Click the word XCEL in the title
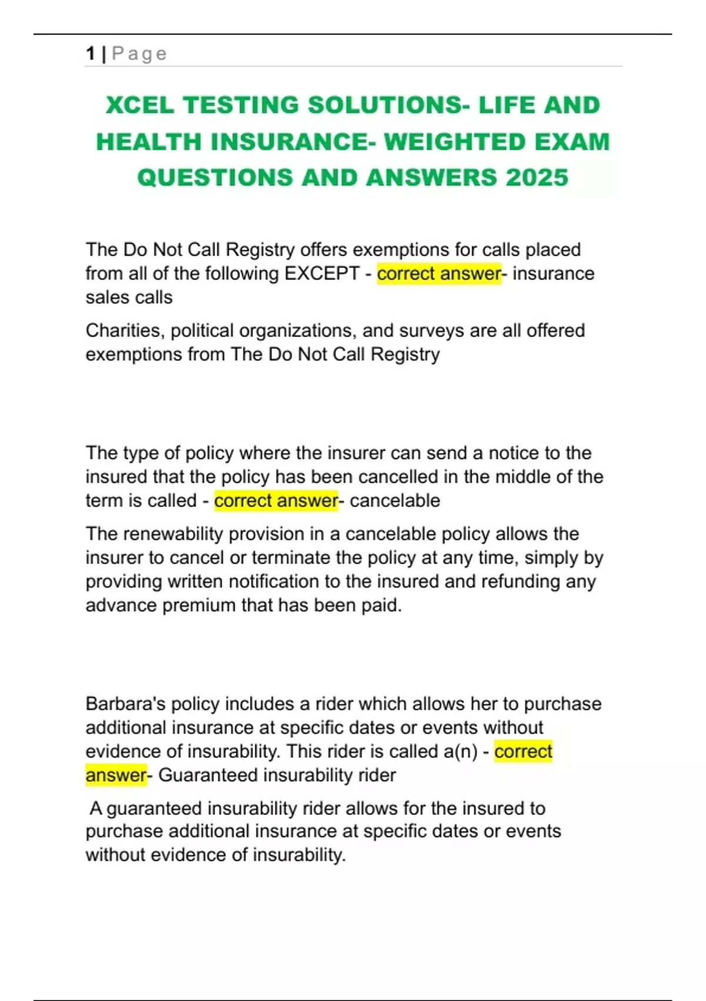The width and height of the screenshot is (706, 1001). (x=139, y=105)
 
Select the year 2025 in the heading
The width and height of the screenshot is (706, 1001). (x=537, y=177)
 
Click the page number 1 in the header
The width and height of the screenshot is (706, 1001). (x=91, y=54)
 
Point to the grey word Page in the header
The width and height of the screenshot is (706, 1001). (x=139, y=54)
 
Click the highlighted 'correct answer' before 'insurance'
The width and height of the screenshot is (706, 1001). (x=439, y=274)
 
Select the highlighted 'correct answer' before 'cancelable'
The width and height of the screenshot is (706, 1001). (x=276, y=501)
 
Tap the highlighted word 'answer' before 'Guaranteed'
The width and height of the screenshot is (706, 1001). (x=115, y=775)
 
